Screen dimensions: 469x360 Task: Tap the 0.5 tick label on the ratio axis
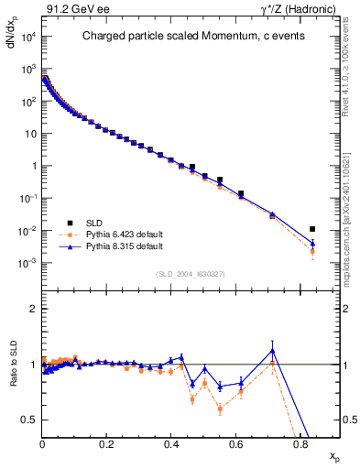[30, 420]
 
